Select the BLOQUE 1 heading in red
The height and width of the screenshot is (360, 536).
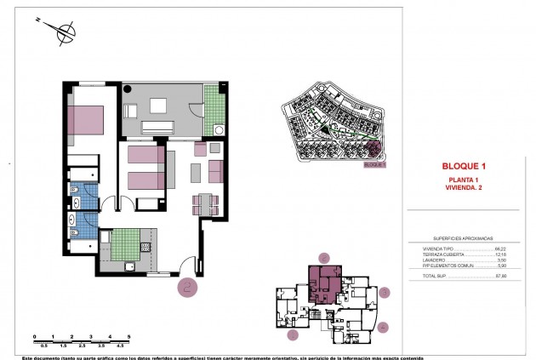(x=465, y=166)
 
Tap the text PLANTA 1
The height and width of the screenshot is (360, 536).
(x=465, y=180)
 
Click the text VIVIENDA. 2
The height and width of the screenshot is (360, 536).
(x=465, y=188)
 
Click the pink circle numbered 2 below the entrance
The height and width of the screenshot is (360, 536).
(x=188, y=287)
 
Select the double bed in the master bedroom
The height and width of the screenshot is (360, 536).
(x=85, y=118)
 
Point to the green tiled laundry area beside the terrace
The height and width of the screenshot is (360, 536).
(x=215, y=106)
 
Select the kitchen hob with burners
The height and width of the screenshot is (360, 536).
(x=145, y=246)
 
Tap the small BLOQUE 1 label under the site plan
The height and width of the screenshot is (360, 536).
(x=374, y=166)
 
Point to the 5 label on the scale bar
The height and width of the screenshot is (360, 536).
(x=128, y=338)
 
